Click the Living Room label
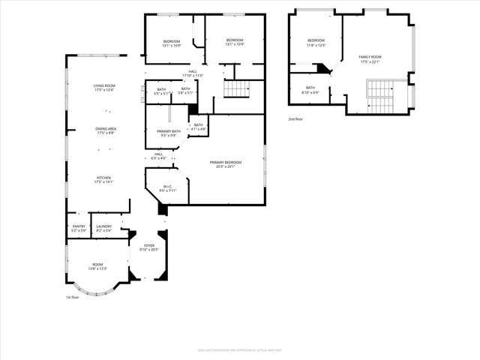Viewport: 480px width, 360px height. coord(104,88)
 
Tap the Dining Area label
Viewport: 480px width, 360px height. coord(105,130)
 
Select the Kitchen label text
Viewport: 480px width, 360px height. coord(103,179)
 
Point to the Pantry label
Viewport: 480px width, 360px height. coord(78,228)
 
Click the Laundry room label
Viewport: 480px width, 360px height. coord(103,228)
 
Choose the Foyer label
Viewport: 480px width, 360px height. coord(149,247)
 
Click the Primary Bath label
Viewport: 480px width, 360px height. coord(167,133)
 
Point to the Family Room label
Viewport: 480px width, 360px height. coord(370,59)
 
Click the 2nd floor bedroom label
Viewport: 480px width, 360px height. coord(316,42)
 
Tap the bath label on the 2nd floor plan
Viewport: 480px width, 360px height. coord(310,90)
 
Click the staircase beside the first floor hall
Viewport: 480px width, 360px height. coord(236,88)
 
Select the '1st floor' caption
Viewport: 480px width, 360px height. coord(73,297)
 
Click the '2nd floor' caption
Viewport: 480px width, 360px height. coord(297,118)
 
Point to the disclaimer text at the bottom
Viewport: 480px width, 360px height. coord(240,349)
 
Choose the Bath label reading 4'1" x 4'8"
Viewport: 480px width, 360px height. coord(198,127)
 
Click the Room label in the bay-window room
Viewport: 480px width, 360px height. coord(97,266)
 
